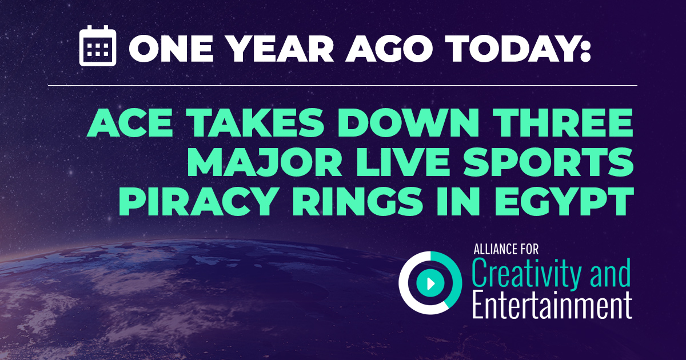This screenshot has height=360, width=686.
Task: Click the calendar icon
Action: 97,46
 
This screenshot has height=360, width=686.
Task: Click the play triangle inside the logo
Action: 430,282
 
